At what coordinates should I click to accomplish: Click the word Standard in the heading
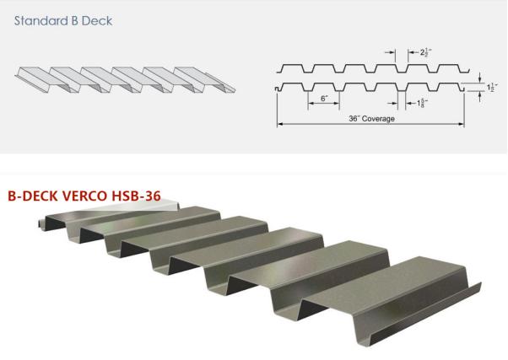coord(36,21)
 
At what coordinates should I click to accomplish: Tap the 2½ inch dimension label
coord(425,52)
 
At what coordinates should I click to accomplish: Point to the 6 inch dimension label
coord(325,99)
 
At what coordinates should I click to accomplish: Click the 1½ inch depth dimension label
coord(492,88)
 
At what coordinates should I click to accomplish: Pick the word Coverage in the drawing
coord(378,119)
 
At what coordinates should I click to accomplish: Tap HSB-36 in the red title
coord(136,196)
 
